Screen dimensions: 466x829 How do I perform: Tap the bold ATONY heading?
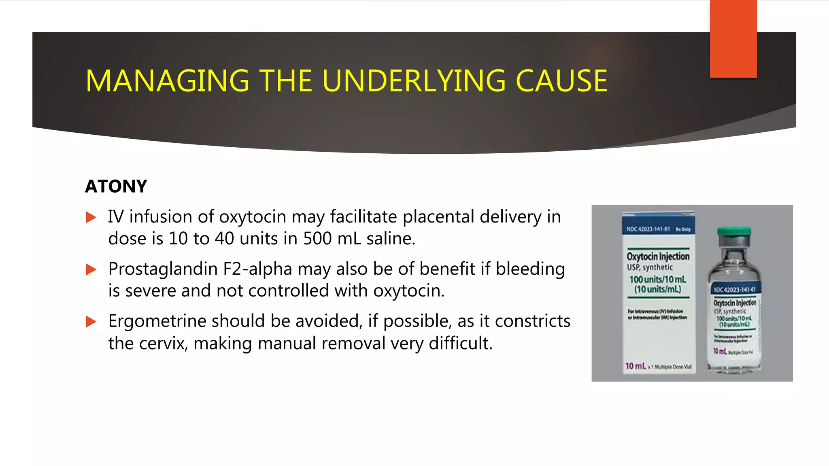(x=116, y=186)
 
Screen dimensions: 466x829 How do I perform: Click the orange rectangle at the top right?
(x=733, y=39)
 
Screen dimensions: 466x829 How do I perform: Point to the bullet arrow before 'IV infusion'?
(x=91, y=218)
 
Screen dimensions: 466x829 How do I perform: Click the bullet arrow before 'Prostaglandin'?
(x=91, y=270)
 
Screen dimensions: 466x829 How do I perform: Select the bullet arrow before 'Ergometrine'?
(x=91, y=322)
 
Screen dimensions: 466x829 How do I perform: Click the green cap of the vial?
(x=734, y=231)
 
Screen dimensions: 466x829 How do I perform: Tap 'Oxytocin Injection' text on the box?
(x=658, y=256)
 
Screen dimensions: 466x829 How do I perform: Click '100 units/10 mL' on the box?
(x=658, y=280)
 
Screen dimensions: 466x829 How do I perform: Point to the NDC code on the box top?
(x=648, y=229)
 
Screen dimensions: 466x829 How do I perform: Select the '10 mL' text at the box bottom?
(x=636, y=366)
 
